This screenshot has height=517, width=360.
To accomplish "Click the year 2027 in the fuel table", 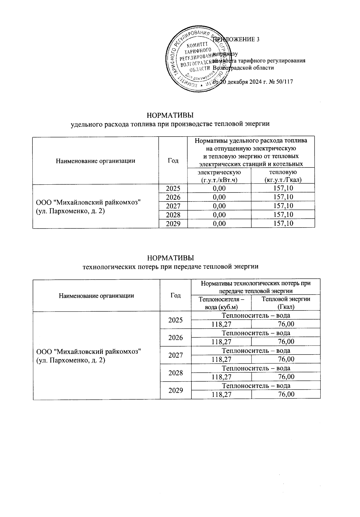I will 173,206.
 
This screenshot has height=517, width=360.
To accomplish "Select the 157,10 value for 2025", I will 283,188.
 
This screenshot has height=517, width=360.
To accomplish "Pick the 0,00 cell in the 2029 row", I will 219,223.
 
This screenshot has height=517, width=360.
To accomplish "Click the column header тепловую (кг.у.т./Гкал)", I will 283,176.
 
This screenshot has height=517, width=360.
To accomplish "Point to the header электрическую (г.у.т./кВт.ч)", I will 219,176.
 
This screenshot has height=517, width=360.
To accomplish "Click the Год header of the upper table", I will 173,161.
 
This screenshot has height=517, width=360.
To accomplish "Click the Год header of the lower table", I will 175,295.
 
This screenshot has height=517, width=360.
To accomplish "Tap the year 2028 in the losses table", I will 175,373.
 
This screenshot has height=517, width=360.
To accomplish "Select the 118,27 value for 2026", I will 221,342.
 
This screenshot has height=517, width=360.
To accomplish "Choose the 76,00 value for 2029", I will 286,395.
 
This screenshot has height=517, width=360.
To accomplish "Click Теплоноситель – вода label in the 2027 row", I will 256,351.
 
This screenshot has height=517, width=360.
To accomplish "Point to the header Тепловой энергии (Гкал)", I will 286,303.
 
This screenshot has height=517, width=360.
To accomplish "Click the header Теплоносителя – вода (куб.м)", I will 221,303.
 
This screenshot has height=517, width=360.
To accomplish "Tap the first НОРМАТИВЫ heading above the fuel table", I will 170,115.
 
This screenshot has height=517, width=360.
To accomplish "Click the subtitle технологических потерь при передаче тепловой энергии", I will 170,266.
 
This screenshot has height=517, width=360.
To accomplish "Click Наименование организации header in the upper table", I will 95,161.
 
